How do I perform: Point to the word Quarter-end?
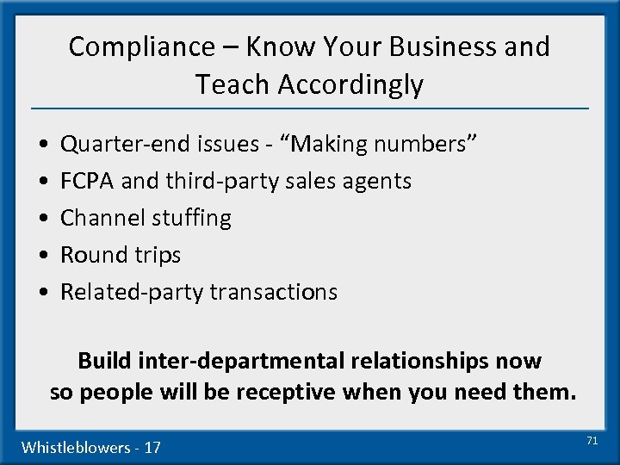click(122, 144)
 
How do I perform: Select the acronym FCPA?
click(88, 181)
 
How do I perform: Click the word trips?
click(155, 256)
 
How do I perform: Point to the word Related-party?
click(125, 292)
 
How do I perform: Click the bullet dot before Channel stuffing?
click(42, 219)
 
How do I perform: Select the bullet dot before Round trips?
click(42, 256)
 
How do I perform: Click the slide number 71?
click(592, 440)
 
